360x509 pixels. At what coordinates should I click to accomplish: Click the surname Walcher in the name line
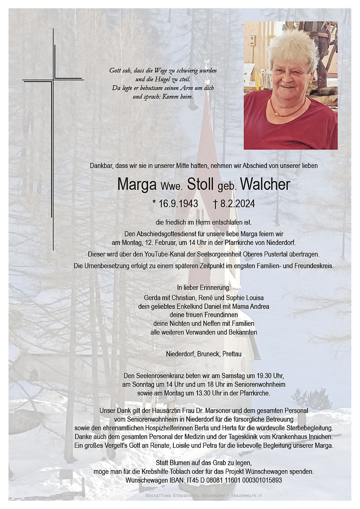tap(265, 185)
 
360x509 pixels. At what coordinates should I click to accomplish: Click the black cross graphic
tap(53, 139)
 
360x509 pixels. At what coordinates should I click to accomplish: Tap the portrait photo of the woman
tap(290, 85)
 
